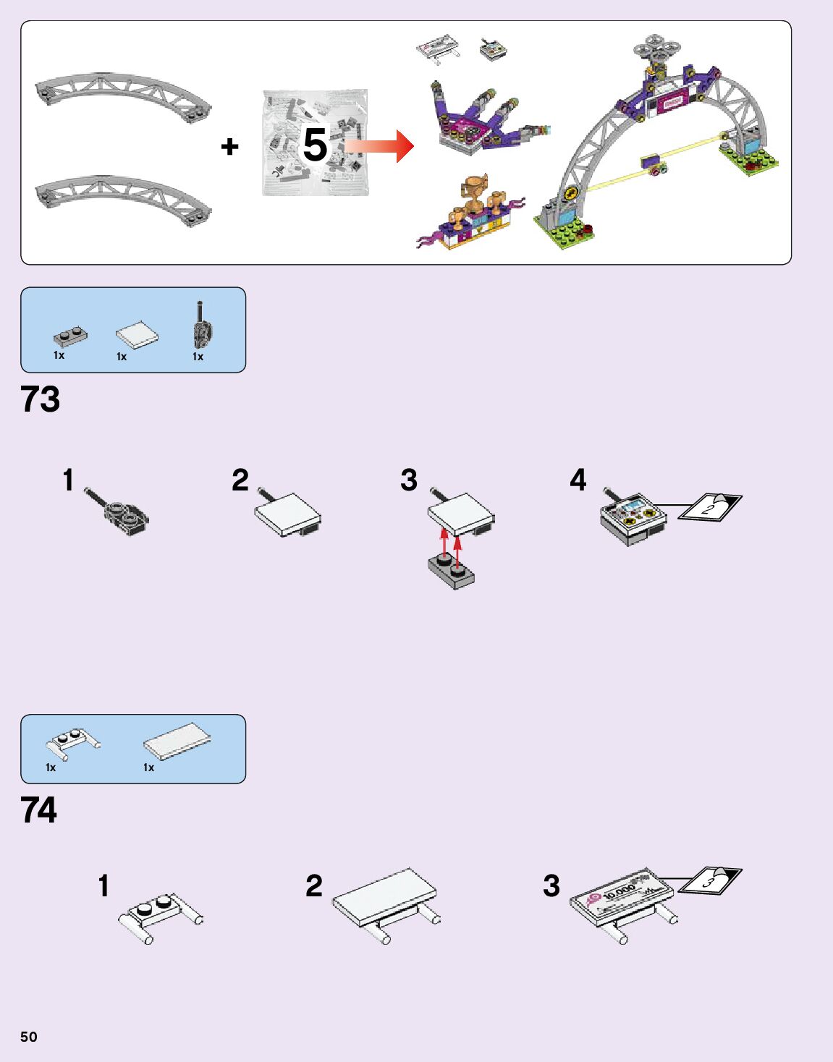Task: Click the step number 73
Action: tap(41, 399)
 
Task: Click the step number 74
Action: tap(39, 810)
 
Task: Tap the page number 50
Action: tap(28, 1037)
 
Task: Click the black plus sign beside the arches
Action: tap(229, 147)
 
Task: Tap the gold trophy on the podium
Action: tap(476, 189)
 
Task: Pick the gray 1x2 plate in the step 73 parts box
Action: tap(70, 336)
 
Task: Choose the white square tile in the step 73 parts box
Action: tap(137, 335)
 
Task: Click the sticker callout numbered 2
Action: tap(709, 506)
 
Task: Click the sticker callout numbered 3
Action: tap(711, 880)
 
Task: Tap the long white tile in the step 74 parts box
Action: tap(177, 741)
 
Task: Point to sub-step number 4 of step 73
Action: tap(578, 480)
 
